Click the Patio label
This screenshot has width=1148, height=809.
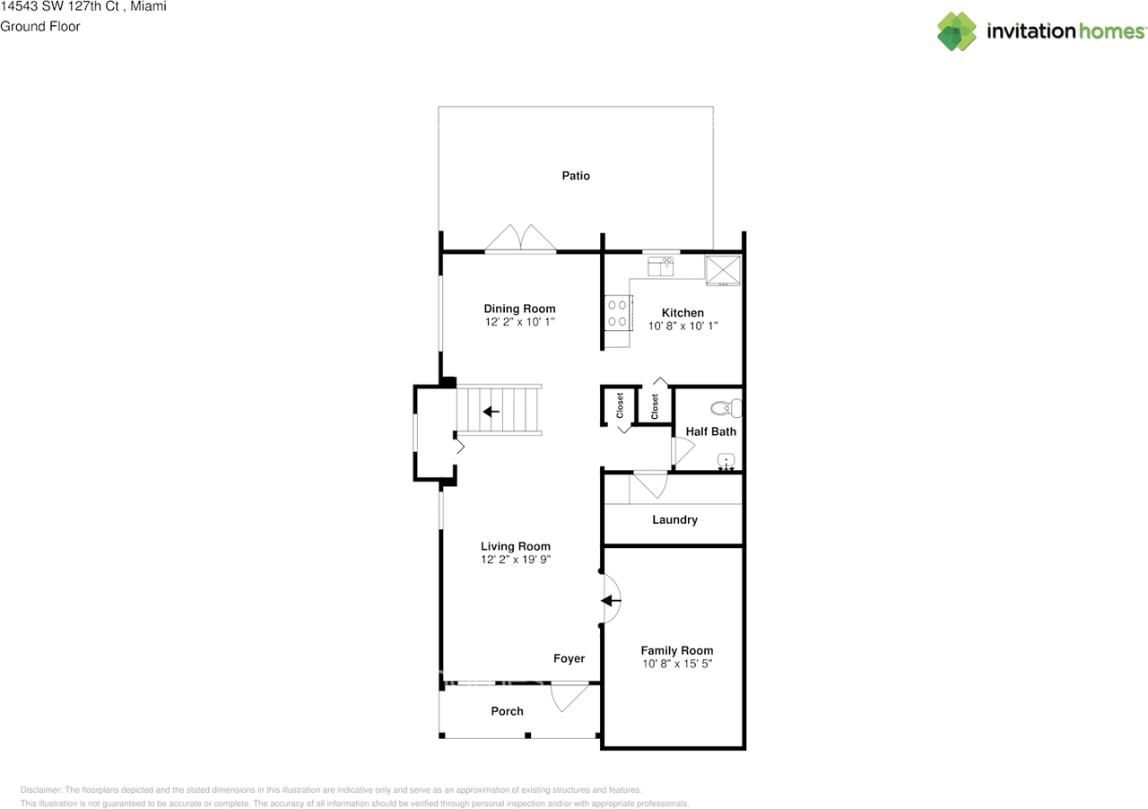pos(576,176)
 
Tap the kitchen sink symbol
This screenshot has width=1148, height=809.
pos(662,265)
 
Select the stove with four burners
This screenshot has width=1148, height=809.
pos(617,313)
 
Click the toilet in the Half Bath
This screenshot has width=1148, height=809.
pos(726,408)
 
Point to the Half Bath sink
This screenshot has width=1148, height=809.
pos(726,463)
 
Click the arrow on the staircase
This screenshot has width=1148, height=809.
pos(491,412)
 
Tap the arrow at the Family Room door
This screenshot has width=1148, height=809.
pos(611,601)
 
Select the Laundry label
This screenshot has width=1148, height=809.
pos(674,519)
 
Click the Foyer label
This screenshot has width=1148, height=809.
pos(569,658)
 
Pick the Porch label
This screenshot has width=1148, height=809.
pos(507,711)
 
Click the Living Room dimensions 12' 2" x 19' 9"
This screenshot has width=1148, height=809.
pos(515,560)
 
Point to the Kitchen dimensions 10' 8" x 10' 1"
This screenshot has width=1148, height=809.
pos(683,326)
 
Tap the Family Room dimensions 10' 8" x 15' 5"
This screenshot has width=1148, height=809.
pos(676,664)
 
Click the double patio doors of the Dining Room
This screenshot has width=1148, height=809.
pos(520,239)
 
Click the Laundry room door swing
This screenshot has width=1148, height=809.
pos(648,485)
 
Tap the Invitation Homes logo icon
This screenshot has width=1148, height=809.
pos(957,31)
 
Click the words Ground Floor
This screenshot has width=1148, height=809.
pos(40,26)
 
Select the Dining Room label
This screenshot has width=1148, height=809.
pos(519,309)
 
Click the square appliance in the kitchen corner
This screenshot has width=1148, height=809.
pos(723,269)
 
